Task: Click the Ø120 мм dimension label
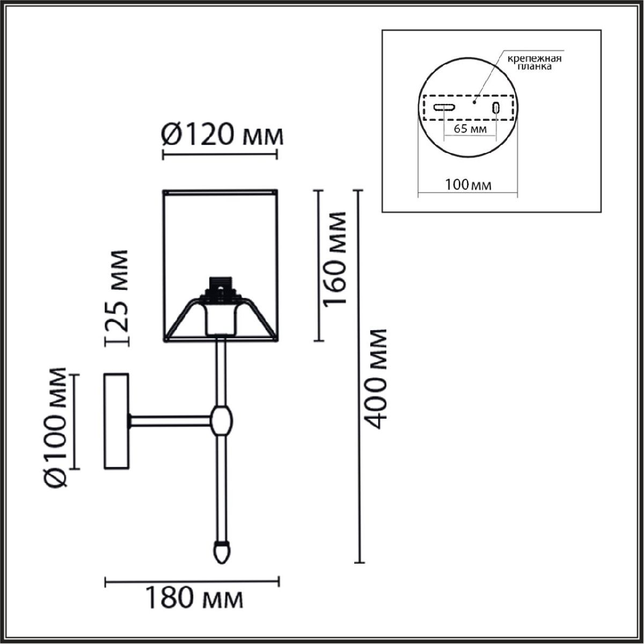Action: (x=222, y=136)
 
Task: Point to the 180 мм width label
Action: (x=194, y=607)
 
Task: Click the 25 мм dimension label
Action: (x=116, y=291)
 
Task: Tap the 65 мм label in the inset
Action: (x=470, y=129)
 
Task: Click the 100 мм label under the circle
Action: (x=468, y=185)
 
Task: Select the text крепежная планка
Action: (x=535, y=62)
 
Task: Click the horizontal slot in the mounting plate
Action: (x=444, y=107)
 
